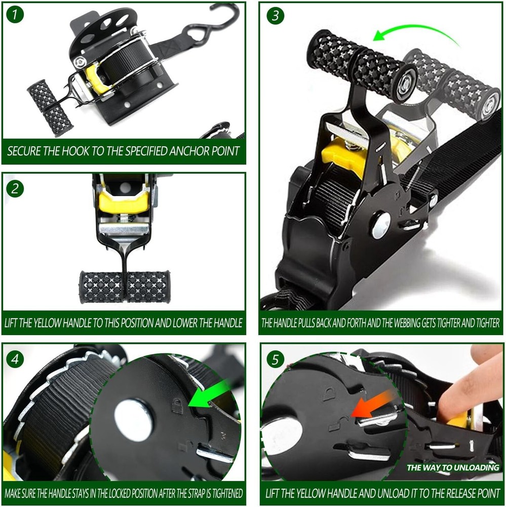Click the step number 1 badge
pyautogui.click(x=15, y=15)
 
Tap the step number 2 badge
pyautogui.click(x=15, y=189)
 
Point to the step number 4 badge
pyautogui.click(x=15, y=359)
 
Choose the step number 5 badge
pyautogui.click(x=276, y=359)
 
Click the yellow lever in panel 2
pyautogui.click(x=124, y=201)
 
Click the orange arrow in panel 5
pyautogui.click(x=372, y=405)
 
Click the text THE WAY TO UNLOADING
pyautogui.click(x=453, y=467)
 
